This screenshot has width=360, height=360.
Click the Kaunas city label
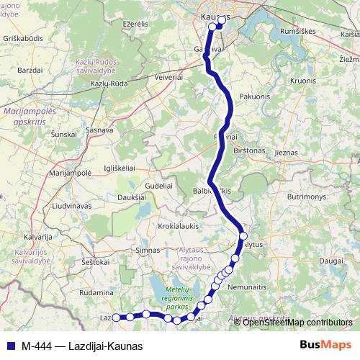tap(216, 16)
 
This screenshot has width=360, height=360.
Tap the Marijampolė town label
tap(69, 174)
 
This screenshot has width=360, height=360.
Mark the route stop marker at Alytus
tap(243, 236)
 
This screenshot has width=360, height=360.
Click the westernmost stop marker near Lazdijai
tap(116, 317)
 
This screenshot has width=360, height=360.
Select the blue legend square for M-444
tap(10, 346)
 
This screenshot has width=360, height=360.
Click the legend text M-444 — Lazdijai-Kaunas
tap(82, 346)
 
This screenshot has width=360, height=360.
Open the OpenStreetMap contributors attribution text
tap(298, 322)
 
